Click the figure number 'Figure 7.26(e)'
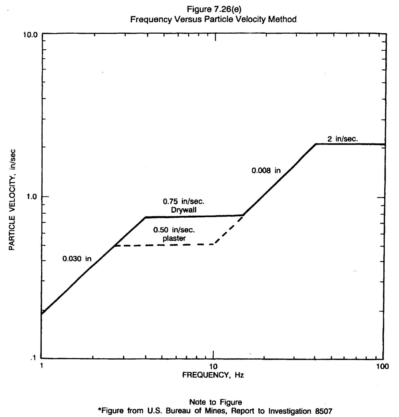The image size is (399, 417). (214, 9)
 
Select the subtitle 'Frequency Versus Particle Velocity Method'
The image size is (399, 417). (213, 19)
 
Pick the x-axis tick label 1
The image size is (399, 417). (41, 366)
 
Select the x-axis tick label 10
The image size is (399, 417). (214, 366)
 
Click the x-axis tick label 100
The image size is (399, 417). (383, 366)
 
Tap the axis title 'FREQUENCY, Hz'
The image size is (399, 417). (213, 375)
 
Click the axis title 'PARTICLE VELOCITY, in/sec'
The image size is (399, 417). (12, 200)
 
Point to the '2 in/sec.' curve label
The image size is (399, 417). (343, 139)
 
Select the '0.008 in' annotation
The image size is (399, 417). (266, 171)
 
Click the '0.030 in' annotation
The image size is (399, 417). (77, 259)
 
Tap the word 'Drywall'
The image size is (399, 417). (184, 210)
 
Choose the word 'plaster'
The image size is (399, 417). (174, 238)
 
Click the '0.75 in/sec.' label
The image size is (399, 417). (184, 201)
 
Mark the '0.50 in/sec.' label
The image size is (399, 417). (174, 230)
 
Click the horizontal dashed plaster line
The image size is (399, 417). (165, 245)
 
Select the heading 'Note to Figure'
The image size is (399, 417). (215, 402)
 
